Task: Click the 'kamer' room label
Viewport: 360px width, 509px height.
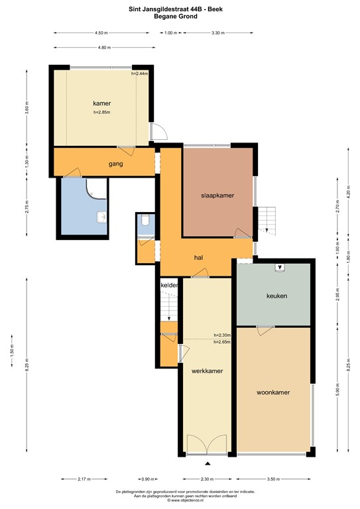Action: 101,103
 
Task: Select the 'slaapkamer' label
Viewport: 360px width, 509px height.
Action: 218,196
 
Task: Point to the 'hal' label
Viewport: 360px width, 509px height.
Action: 198,257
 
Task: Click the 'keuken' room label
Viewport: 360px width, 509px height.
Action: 276,296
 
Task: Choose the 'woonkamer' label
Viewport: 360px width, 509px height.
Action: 274,392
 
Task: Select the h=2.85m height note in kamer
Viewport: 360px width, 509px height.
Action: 101,113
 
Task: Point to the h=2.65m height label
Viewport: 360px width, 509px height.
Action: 222,342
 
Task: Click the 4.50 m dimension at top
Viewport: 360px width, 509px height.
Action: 101,32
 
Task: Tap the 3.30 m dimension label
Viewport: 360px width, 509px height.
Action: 216,32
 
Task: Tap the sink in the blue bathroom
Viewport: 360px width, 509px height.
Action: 101,216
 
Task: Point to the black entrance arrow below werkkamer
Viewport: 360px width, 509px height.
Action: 207,463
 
